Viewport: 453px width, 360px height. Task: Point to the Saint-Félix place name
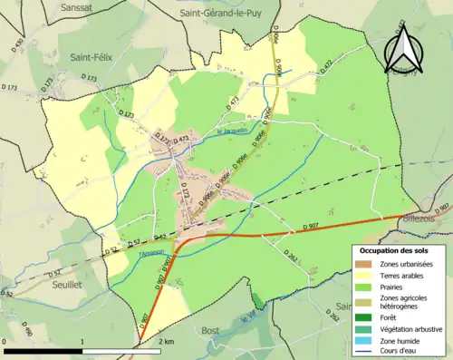tap(90, 56)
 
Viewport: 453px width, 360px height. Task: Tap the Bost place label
tap(211, 330)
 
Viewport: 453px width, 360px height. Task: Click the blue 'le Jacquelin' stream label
tap(232, 132)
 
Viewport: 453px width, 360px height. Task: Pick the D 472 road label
tap(323, 64)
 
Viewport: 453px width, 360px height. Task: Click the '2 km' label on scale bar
tap(166, 341)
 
